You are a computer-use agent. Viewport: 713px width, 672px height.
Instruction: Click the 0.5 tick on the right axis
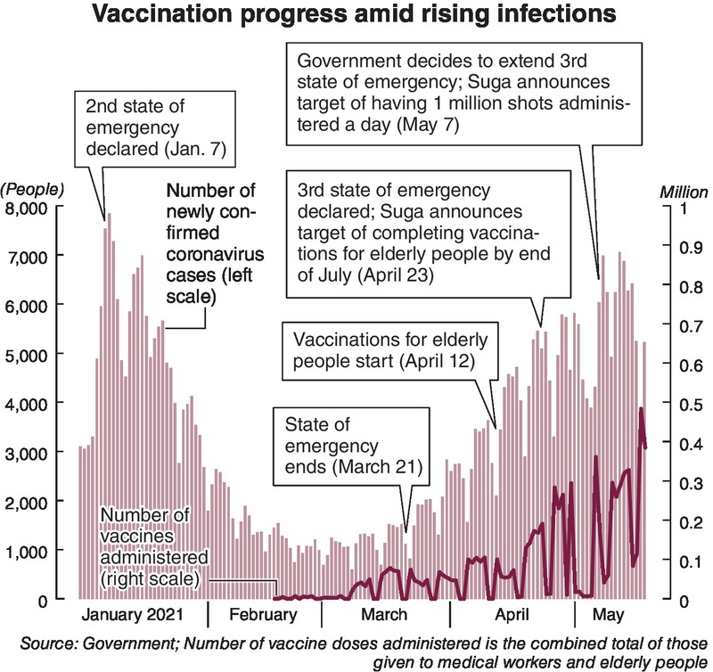681,404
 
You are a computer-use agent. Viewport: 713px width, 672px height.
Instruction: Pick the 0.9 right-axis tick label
681,247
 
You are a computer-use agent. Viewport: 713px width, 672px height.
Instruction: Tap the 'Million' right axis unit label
683,192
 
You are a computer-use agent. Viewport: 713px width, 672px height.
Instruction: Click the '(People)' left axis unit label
34,189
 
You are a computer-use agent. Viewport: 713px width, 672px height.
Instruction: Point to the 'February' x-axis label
262,614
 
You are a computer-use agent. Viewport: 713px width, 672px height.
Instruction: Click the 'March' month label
384,614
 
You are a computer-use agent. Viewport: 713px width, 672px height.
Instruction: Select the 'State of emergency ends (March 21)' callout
352,445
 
